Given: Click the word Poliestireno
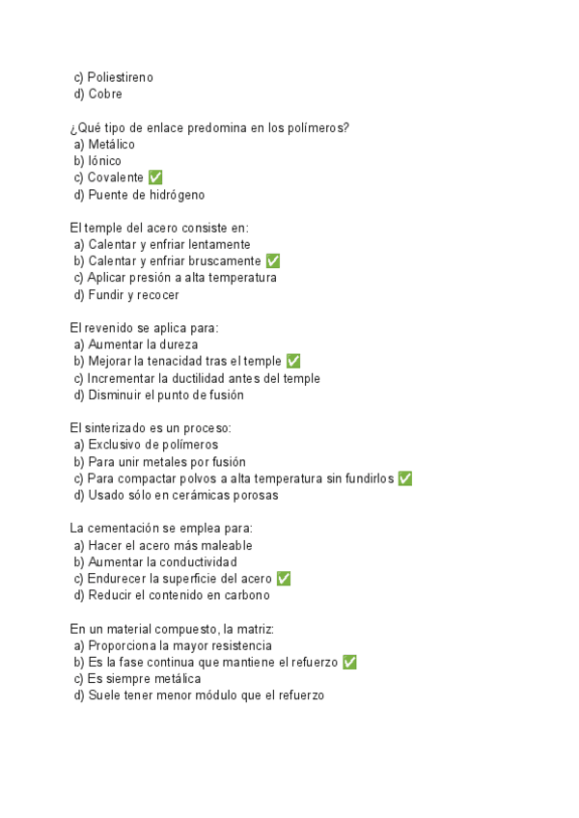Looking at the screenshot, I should click(120, 77).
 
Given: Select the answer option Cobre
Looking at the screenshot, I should click(105, 95).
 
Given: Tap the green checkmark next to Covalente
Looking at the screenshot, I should click(155, 177).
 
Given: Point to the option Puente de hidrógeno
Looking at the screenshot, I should click(146, 195).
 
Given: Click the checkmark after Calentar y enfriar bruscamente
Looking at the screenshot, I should click(273, 261).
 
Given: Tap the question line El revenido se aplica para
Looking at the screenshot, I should click(145, 328).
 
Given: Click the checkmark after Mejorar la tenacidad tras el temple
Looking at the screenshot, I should click(293, 361).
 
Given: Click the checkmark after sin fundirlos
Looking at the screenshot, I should click(405, 478).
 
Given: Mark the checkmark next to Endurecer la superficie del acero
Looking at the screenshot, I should click(284, 579).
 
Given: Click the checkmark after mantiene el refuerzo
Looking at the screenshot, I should click(350, 662).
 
